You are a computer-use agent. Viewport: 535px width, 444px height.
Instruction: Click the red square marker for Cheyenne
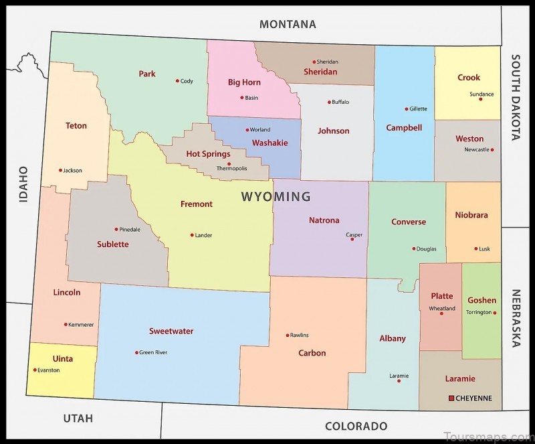pos(451,398)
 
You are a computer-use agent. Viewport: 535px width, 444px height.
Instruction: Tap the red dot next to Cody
pos(177,81)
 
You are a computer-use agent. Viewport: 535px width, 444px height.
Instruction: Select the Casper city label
pos(354,234)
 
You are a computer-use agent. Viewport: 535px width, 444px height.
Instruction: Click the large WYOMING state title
pos(276,197)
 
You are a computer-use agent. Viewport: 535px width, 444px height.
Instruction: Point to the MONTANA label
pos(288,24)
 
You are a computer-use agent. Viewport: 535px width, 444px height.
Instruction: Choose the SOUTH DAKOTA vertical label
pos(516,98)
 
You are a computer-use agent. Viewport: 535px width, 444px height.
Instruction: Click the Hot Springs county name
pos(208,154)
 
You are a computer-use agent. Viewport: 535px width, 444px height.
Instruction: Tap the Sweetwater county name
pos(171,331)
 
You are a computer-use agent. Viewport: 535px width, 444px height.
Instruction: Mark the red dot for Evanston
pos(35,370)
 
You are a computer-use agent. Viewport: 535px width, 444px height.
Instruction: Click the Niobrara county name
pos(471,215)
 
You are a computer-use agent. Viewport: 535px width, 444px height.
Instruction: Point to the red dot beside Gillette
pos(406,108)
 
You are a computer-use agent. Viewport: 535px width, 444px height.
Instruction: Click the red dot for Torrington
pos(495,313)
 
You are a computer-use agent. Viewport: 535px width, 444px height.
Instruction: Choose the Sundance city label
pos(481,94)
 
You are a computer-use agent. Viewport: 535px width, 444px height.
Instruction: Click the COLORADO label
pos(356,426)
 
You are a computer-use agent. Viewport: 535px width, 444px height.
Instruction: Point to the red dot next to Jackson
pos(60,170)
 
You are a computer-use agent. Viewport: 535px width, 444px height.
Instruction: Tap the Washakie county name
pos(270,143)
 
